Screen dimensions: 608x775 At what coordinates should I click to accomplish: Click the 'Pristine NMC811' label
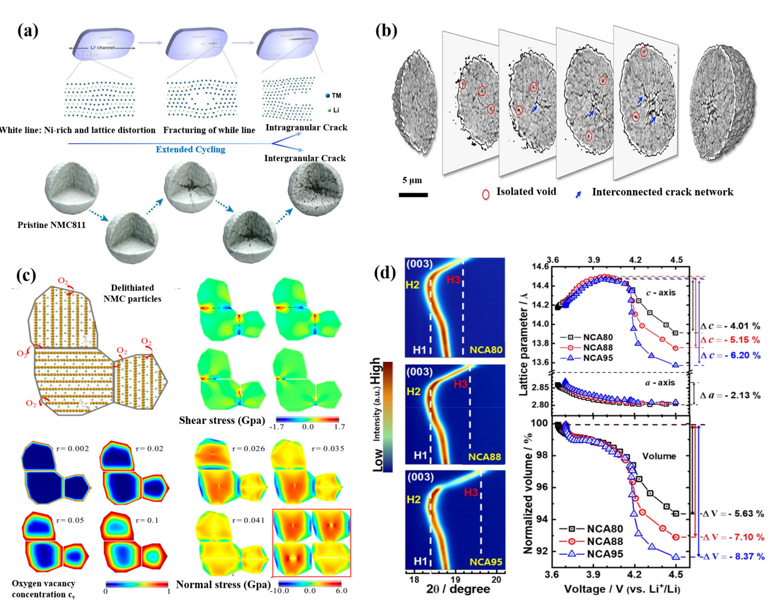click(x=52, y=225)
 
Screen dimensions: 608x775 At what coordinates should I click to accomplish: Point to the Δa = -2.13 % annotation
click(x=730, y=395)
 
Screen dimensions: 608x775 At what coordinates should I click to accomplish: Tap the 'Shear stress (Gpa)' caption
click(x=222, y=420)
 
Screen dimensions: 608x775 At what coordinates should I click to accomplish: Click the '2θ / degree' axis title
click(x=458, y=589)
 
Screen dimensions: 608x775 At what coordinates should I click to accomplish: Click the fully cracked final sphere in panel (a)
click(x=315, y=190)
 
